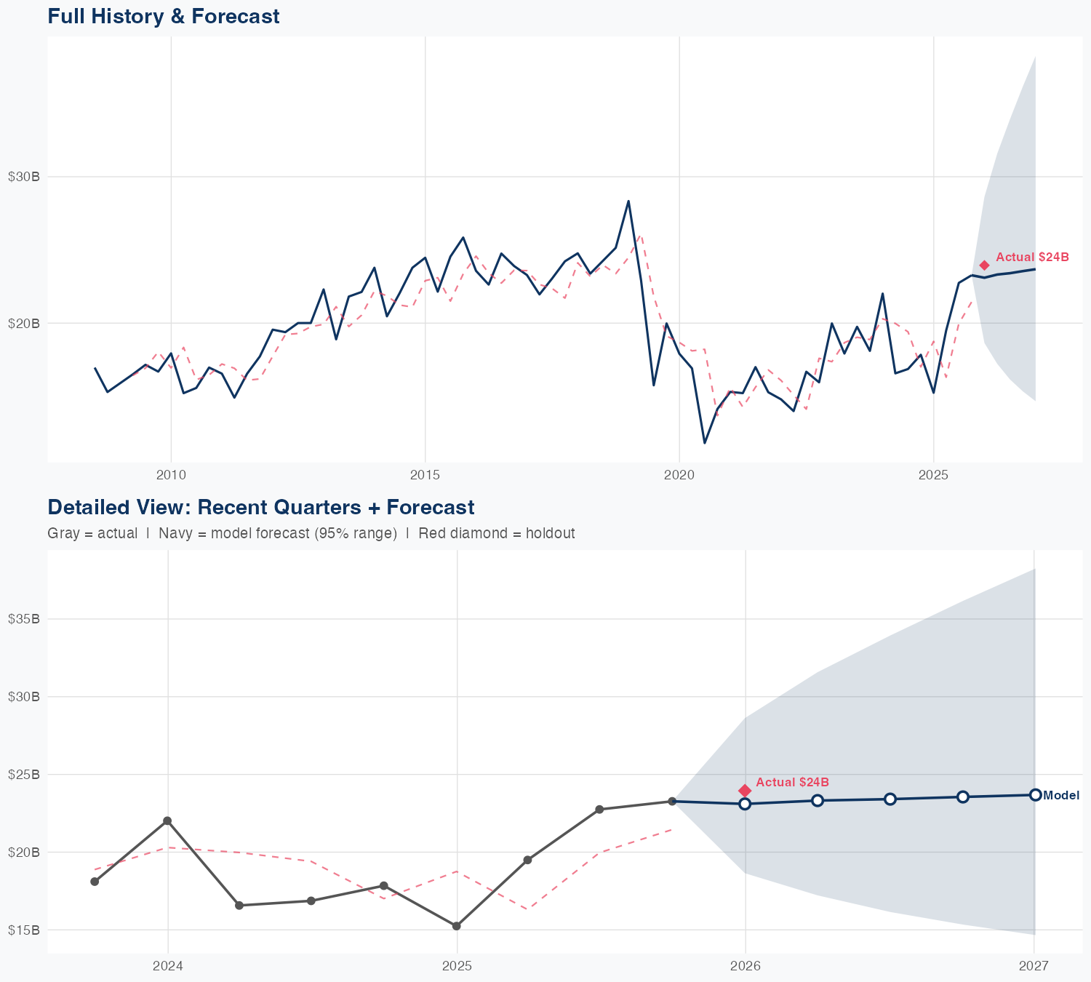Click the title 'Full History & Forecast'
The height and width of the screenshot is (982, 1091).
pos(163,16)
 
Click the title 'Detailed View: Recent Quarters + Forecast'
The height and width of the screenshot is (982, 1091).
pos(260,507)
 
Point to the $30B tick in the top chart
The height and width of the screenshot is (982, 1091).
pos(23,177)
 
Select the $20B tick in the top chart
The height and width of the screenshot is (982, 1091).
pos(23,323)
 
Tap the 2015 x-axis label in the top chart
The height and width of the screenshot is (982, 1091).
pos(425,475)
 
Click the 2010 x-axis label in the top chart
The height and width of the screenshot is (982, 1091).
pos(171,475)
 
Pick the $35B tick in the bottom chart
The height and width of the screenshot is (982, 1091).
pos(23,619)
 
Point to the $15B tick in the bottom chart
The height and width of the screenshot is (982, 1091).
pos(23,930)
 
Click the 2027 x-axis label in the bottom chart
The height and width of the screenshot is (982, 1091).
pos(1034,966)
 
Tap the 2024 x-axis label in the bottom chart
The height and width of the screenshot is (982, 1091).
pos(168,966)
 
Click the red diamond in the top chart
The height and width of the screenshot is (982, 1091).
pos(984,266)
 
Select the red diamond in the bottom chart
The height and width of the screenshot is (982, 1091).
pos(745,791)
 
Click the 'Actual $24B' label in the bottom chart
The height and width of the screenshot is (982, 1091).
pos(792,782)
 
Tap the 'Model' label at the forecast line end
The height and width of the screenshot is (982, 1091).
pos(1061,796)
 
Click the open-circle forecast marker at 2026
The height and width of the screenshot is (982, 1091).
pos(745,804)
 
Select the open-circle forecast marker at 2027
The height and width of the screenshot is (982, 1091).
pos(1035,795)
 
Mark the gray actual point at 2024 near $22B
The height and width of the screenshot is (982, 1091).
pos(167,821)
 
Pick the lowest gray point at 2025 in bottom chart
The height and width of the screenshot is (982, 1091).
pos(456,926)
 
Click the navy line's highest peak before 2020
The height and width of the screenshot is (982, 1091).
pos(628,201)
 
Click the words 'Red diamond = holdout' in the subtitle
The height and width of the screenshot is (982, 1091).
pos(496,533)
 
